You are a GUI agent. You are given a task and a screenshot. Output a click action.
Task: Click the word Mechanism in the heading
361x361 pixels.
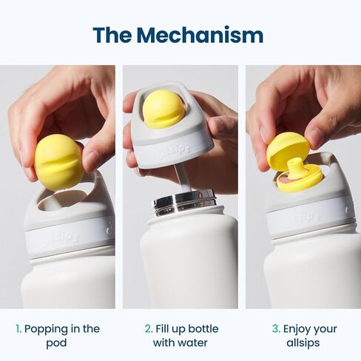click(200, 36)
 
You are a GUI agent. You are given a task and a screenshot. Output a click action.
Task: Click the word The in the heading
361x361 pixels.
click(112, 36)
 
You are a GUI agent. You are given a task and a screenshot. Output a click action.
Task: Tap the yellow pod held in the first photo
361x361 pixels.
click(59, 162)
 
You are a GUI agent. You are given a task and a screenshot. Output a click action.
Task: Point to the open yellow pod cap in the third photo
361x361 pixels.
click(288, 148)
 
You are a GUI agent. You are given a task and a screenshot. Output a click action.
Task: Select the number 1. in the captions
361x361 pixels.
click(18, 329)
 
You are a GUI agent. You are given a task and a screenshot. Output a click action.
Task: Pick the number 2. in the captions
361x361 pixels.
click(149, 329)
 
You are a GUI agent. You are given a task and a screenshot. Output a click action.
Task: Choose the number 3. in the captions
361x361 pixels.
click(276, 329)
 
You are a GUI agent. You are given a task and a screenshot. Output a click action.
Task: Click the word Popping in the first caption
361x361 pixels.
click(46, 330)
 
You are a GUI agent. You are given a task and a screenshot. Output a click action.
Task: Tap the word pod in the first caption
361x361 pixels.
click(56, 343)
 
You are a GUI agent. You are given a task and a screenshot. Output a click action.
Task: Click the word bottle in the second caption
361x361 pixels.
click(203, 329)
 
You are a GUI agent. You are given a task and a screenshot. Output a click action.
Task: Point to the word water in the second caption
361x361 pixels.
click(195, 343)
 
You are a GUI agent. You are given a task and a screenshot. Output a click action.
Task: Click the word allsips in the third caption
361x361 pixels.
click(303, 343)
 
